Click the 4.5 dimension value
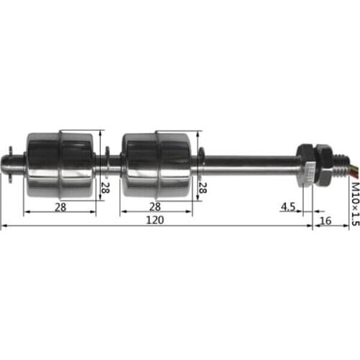click(x=288, y=207)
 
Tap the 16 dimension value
click(x=325, y=220)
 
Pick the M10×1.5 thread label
click(x=353, y=204)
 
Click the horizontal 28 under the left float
click(x=60, y=207)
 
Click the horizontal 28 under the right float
click(x=156, y=207)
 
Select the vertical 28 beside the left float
click(x=104, y=189)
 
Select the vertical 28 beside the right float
click(x=202, y=189)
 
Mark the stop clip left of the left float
click(x=18, y=164)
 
